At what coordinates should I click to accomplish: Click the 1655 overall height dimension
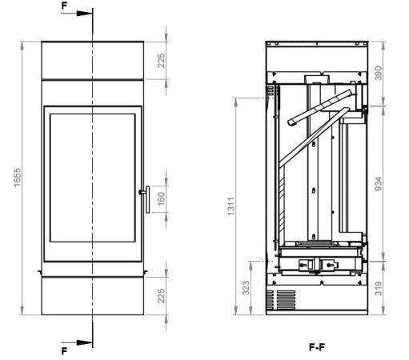click(x=17, y=178)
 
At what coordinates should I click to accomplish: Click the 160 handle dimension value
click(x=162, y=198)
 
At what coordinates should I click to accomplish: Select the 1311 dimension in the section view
click(x=231, y=206)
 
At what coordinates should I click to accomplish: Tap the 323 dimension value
click(x=246, y=288)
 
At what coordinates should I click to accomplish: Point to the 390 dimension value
click(x=378, y=74)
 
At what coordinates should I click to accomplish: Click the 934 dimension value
click(x=378, y=184)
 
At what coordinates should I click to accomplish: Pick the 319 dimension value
click(x=378, y=288)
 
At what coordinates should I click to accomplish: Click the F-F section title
click(x=317, y=347)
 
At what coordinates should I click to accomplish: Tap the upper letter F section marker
click(x=64, y=6)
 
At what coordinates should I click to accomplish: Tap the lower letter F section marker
click(x=64, y=351)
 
